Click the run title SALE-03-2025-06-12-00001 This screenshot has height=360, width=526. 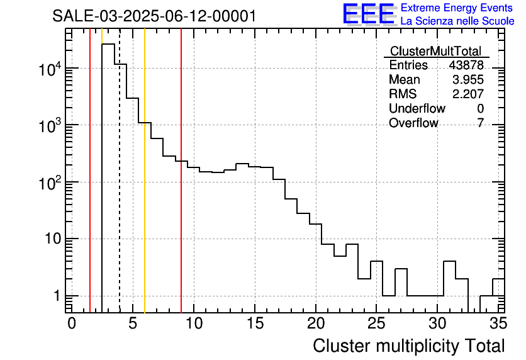(154, 16)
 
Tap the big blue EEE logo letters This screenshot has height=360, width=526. (369, 14)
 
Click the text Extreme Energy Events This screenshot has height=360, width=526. (457, 8)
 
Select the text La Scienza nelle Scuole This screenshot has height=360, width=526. (457, 21)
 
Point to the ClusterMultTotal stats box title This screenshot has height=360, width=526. (435, 52)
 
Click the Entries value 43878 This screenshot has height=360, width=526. (466, 65)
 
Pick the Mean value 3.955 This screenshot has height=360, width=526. (468, 80)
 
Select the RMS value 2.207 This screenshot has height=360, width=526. (468, 94)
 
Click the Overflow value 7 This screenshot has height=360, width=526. (480, 123)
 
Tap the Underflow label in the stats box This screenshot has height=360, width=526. (417, 109)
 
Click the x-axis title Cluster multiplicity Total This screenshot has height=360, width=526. (408, 346)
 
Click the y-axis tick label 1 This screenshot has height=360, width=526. (55, 296)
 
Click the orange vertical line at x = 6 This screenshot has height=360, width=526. (145, 189)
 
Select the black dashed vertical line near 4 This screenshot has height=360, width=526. (120, 189)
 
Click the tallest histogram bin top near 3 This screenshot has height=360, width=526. (108, 44)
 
